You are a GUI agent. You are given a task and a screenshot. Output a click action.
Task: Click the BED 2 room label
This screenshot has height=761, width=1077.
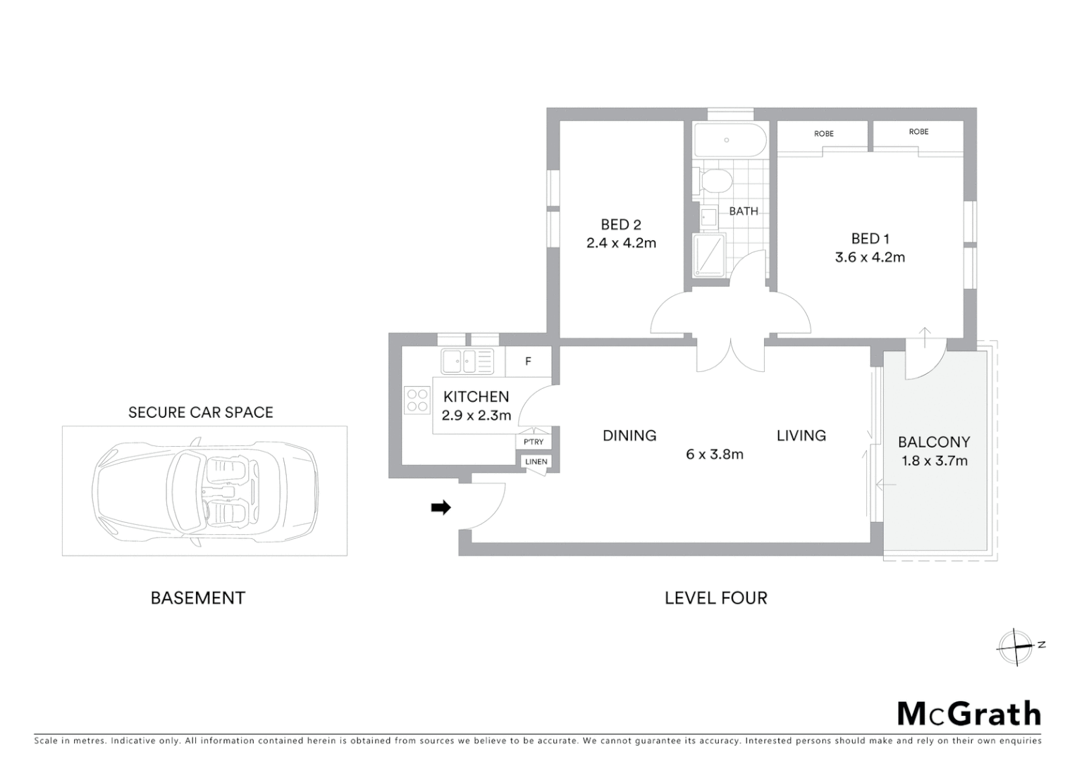tap(620, 225)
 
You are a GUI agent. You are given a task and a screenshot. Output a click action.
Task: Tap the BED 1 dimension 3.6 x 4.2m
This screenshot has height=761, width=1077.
tap(870, 257)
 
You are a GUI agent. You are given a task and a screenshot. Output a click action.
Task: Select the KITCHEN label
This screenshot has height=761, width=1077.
tap(476, 397)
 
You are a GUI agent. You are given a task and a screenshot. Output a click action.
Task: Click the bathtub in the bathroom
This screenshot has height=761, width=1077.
tap(729, 140)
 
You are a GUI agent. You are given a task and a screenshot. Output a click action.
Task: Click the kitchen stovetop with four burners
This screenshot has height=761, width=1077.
tap(417, 400)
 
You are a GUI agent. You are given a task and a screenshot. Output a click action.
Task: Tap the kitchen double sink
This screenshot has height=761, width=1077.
tap(467, 361)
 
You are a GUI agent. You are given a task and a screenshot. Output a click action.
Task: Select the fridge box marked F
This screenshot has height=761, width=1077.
tap(528, 361)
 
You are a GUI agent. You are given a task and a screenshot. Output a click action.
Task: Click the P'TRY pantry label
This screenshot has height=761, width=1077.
tap(534, 442)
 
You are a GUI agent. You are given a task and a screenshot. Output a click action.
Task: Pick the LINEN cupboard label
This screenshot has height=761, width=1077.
tap(536, 462)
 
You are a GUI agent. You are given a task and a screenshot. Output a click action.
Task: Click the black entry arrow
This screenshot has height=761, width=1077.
tap(441, 507)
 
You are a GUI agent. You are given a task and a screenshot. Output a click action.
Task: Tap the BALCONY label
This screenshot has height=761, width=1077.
tap(934, 442)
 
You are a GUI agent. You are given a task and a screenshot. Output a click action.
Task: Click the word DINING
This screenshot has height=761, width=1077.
tap(629, 435)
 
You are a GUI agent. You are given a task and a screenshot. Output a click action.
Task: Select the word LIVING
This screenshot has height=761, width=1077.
tap(801, 435)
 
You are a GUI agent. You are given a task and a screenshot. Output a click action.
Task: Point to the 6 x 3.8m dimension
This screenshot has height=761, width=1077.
tap(715, 454)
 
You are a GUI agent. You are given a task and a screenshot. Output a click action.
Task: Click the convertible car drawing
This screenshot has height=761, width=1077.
tap(204, 490)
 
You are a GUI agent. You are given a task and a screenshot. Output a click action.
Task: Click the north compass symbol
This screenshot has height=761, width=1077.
tap(1015, 646)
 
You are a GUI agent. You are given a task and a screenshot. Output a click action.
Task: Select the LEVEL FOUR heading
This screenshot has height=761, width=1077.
tap(715, 598)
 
